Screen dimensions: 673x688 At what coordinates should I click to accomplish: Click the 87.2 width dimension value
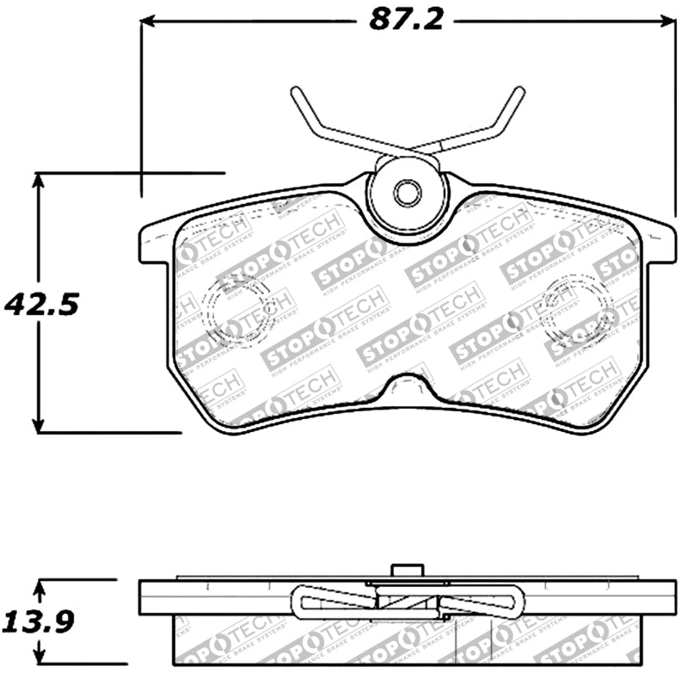[x=407, y=19]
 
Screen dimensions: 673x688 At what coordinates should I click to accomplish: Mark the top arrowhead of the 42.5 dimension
[x=38, y=179]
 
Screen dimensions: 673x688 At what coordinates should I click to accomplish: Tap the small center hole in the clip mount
[x=406, y=193]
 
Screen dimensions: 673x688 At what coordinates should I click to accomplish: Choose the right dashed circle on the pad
[x=579, y=307]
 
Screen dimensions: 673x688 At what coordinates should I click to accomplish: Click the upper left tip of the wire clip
[x=295, y=91]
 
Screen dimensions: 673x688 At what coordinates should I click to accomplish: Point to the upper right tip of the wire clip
[x=519, y=91]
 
